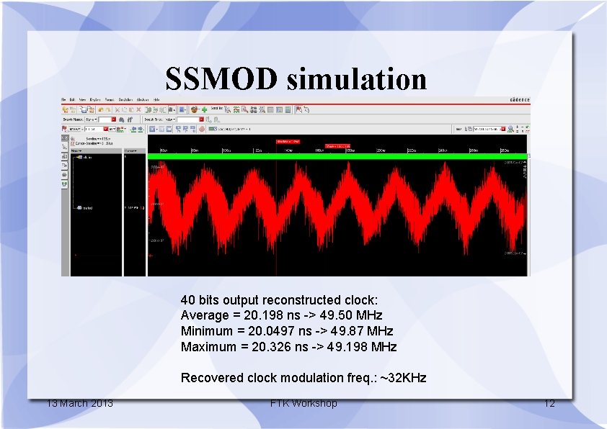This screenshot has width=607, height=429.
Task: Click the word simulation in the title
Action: pyautogui.click(x=356, y=79)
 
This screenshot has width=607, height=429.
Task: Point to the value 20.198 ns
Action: pyautogui.click(x=265, y=315)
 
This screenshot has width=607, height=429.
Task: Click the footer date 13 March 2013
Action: pyautogui.click(x=79, y=403)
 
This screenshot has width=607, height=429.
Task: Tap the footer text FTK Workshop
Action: pyautogui.click(x=303, y=403)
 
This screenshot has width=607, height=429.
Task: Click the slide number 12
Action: pyautogui.click(x=549, y=403)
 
